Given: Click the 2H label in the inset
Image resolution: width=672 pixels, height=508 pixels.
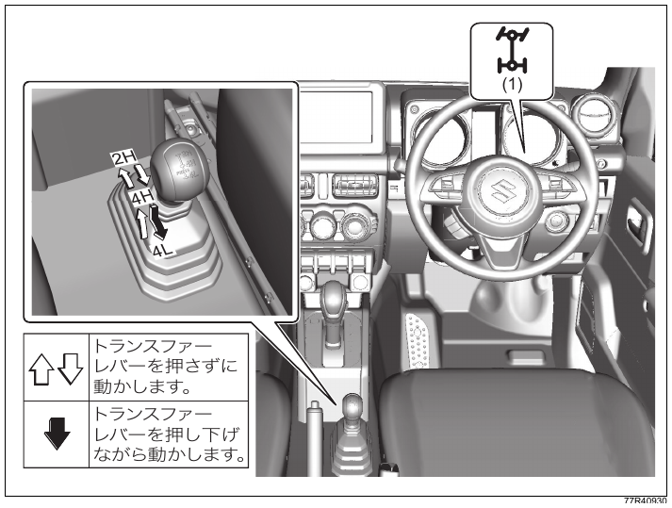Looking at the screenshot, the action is (x=123, y=158).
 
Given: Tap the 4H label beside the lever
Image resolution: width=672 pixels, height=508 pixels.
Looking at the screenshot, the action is (x=142, y=197).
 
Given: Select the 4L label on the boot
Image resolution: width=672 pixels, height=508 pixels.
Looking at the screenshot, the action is (x=163, y=250).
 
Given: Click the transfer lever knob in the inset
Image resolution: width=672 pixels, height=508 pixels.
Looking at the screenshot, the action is (x=180, y=169).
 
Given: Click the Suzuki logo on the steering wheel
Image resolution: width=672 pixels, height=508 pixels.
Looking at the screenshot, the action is (x=502, y=191).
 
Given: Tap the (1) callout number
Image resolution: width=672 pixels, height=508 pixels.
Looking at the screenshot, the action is (x=512, y=85).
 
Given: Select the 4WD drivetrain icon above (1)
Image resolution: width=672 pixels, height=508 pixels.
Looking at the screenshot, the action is (x=512, y=50).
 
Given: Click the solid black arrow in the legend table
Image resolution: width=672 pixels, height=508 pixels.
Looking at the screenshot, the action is (x=57, y=434).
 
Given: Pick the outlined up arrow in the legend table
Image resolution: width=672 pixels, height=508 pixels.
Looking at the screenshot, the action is (x=41, y=369).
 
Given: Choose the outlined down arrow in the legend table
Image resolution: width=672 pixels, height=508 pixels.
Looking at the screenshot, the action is (x=70, y=369).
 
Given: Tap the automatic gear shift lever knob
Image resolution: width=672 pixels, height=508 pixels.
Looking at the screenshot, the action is (x=335, y=299).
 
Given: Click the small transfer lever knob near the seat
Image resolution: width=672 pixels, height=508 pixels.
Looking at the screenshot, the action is (x=353, y=404).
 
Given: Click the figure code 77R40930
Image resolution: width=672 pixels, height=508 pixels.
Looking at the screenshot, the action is (x=645, y=501).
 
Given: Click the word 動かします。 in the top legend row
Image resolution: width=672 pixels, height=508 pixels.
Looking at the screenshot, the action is (x=142, y=386).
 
